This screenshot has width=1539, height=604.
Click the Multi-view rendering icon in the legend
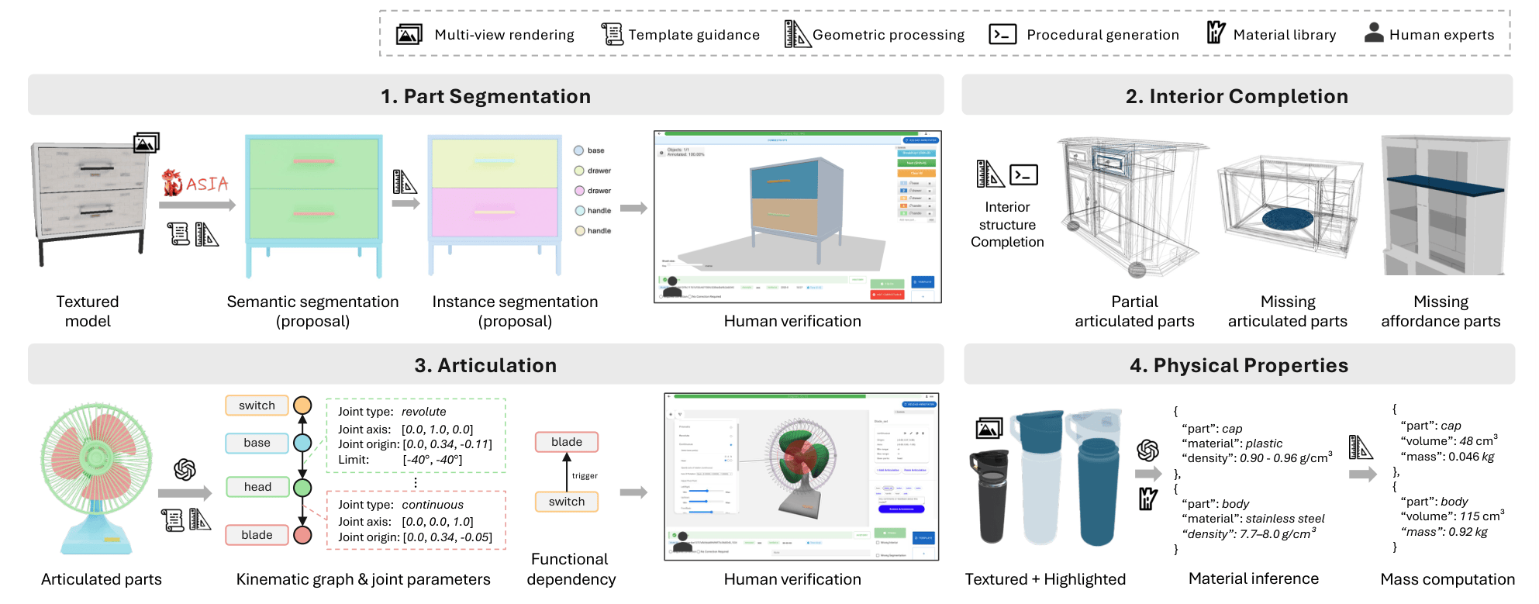click(409, 35)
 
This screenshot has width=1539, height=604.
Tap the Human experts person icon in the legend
click(1374, 33)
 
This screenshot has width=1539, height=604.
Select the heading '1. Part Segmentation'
click(485, 96)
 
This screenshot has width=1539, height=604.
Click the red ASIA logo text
click(206, 184)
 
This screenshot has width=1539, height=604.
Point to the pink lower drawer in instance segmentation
click(494, 212)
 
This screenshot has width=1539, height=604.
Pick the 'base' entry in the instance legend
click(595, 150)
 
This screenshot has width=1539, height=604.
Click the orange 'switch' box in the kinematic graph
click(257, 406)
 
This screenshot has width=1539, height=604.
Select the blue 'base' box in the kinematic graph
click(257, 443)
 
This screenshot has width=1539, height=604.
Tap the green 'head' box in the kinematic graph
click(257, 487)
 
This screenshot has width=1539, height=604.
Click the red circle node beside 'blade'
click(302, 535)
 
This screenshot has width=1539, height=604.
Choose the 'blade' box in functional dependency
click(567, 442)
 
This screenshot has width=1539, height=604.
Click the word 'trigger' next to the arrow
click(585, 476)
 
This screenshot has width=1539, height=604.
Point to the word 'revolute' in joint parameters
click(423, 412)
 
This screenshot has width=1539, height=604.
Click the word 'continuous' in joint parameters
click(433, 505)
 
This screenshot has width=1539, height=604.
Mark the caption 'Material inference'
click(1253, 578)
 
